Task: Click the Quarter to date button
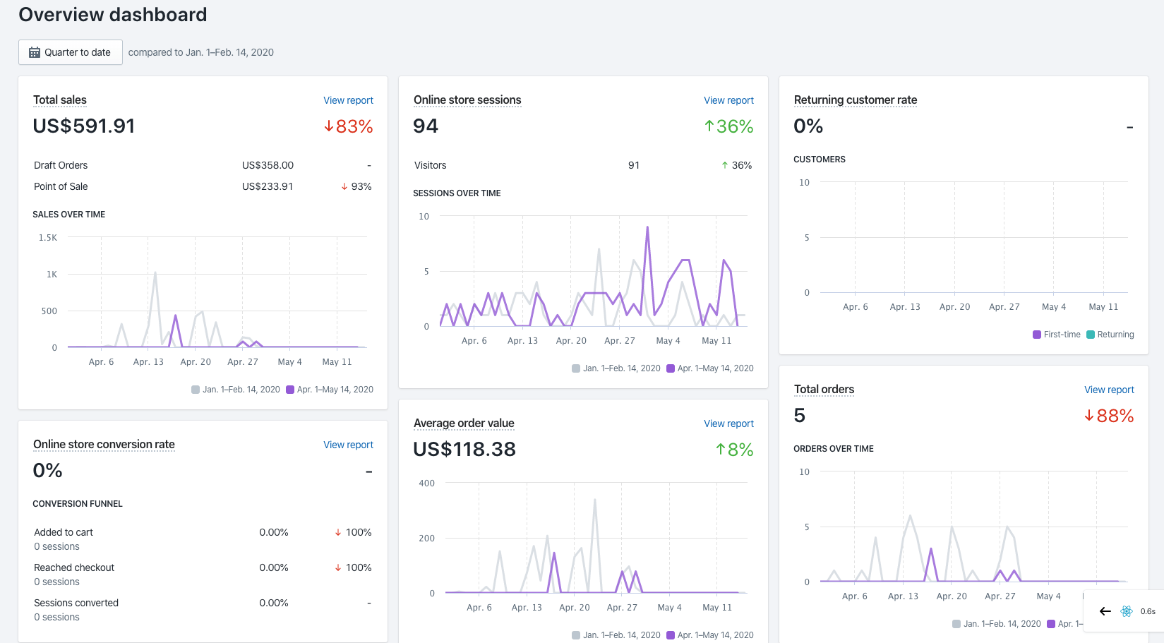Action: tap(70, 52)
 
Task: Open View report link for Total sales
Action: tap(348, 100)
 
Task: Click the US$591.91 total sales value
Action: tap(84, 126)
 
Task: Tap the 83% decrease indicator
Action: tap(348, 126)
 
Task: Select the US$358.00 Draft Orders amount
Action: tap(268, 165)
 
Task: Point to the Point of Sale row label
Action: tap(61, 186)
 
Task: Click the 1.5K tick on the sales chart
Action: tap(48, 238)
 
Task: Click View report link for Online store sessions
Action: tap(728, 100)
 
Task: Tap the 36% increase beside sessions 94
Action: tap(728, 126)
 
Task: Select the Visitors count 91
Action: tap(634, 165)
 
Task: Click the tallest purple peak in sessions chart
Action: tap(647, 228)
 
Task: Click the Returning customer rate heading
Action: tap(855, 100)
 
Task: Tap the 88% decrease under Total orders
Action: tap(1109, 416)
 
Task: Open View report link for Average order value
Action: tap(728, 423)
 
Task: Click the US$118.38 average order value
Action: tap(464, 450)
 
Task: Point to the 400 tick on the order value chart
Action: tap(427, 483)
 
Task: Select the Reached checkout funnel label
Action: tap(74, 567)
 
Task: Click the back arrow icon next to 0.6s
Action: tap(1105, 611)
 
